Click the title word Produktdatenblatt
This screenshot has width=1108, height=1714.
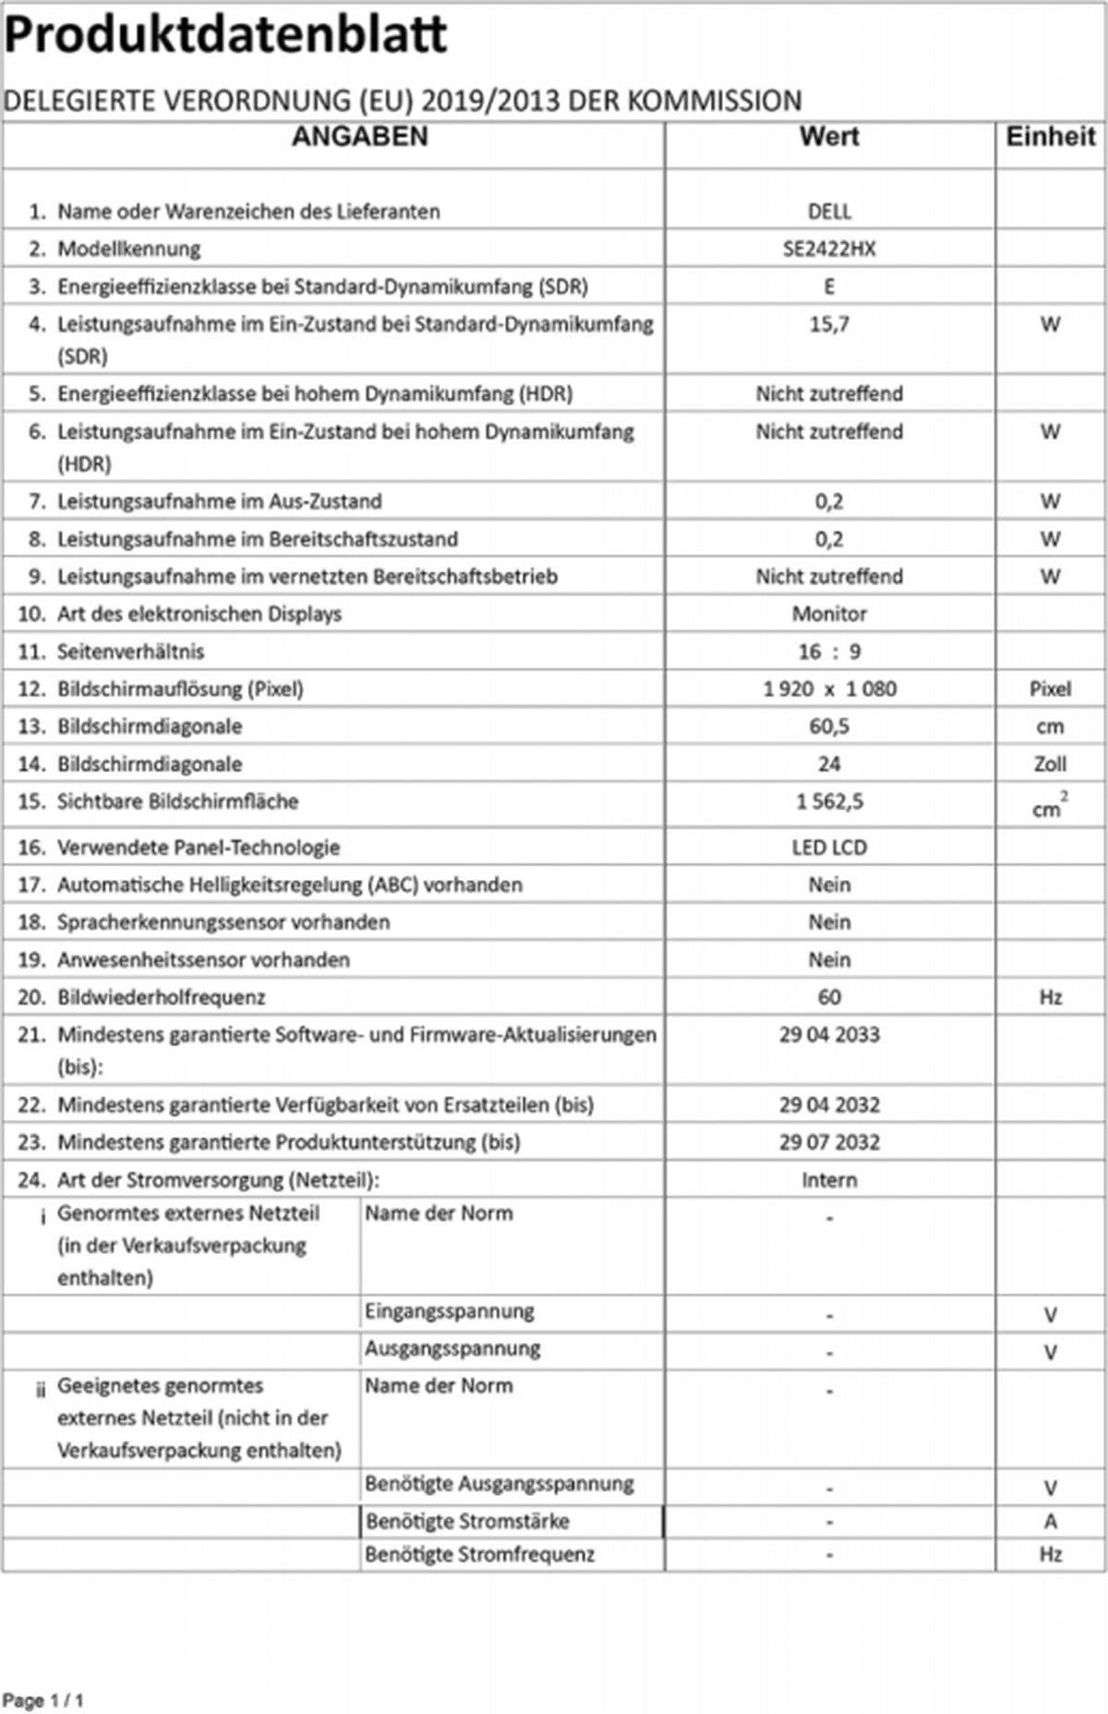point(225,35)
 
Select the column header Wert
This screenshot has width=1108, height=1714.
point(829,137)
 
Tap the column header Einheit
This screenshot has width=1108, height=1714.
point(1050,137)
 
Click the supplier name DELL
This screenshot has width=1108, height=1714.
point(829,211)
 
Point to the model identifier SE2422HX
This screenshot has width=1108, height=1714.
point(829,248)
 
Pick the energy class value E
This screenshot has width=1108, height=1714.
point(829,286)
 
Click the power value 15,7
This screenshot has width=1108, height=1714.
point(829,324)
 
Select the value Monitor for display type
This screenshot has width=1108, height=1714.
point(829,613)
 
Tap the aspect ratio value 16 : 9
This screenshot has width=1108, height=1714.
point(829,651)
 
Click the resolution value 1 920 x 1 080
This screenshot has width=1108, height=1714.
point(829,689)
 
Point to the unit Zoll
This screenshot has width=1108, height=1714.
point(1050,764)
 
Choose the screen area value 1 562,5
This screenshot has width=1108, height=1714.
point(829,802)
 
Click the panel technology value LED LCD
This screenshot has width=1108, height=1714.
point(829,847)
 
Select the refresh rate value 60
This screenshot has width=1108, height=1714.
point(829,996)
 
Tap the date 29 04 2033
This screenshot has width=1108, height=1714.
point(829,1034)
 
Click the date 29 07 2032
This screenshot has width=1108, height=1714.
point(829,1142)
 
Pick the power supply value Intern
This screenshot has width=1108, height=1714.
point(829,1179)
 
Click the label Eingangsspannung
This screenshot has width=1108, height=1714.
point(449,1311)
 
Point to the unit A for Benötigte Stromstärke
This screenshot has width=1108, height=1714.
point(1050,1521)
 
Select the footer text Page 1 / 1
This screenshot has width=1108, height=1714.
point(43,1700)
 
